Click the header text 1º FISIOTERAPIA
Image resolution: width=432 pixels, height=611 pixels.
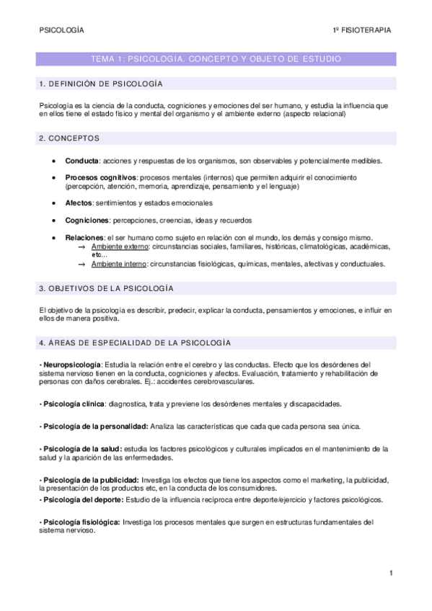(361, 30)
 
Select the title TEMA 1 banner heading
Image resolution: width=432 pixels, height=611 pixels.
(216, 58)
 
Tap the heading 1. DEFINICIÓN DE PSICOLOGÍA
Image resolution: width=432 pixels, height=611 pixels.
(100, 84)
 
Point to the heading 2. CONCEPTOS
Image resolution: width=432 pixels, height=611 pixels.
(69, 138)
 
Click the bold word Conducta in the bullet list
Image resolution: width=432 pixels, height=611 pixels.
(81, 161)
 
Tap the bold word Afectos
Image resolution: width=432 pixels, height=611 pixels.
(79, 203)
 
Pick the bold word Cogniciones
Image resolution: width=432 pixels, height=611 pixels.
(87, 220)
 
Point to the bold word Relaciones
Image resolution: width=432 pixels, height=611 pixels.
(84, 237)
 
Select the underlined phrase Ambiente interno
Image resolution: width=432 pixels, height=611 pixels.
(118, 264)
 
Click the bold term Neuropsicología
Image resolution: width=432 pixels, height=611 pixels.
(71, 364)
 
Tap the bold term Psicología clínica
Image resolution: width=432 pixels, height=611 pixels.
(73, 403)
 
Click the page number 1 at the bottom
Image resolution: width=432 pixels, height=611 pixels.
(390, 574)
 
